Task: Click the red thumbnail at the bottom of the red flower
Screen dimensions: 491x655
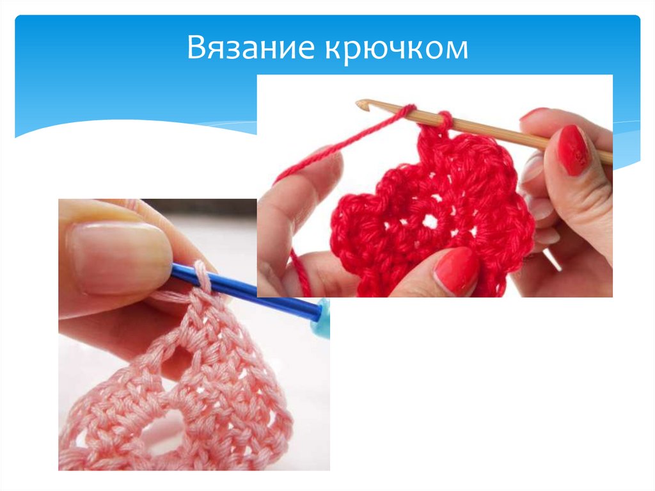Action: (x=456, y=270)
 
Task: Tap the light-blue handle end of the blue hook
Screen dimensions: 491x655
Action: (x=319, y=310)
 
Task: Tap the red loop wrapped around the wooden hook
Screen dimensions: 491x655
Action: (x=445, y=118)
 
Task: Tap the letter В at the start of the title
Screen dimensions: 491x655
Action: (x=195, y=50)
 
